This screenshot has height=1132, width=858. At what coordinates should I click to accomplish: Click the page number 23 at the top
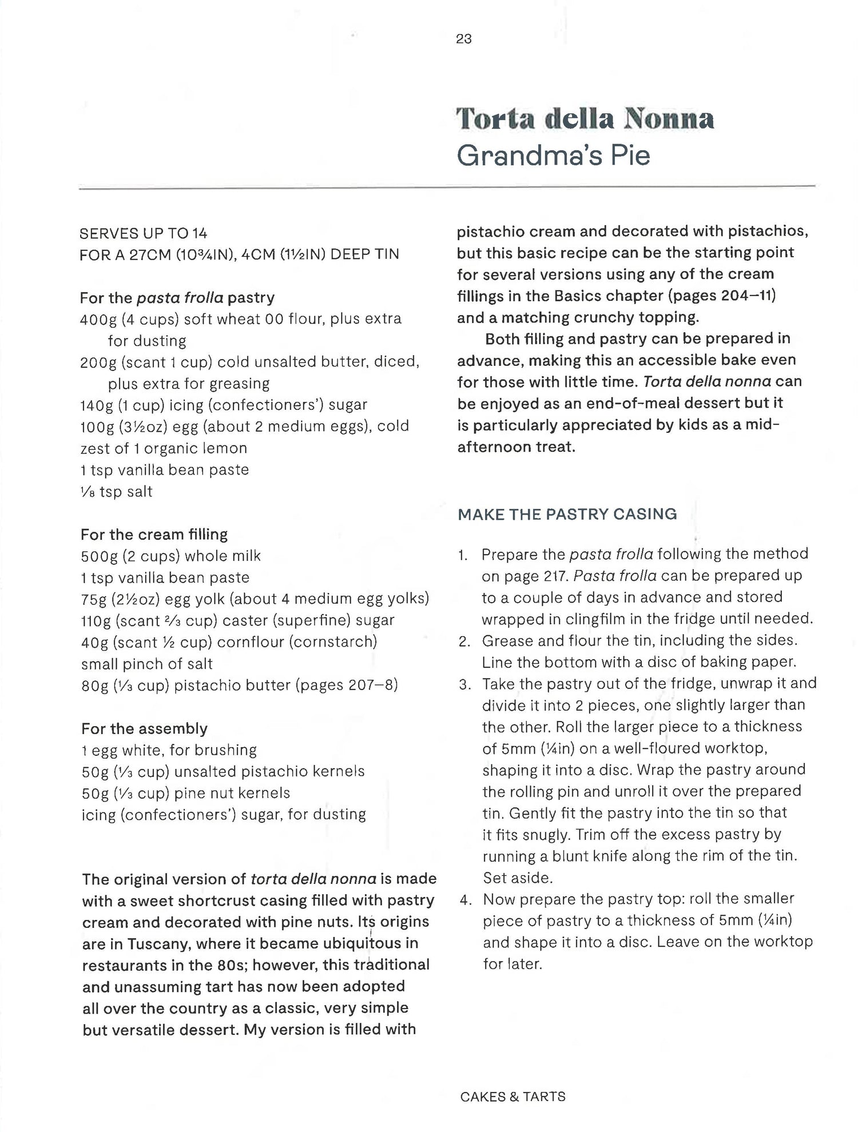[464, 39]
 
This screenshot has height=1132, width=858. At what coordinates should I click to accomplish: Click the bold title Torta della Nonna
[585, 118]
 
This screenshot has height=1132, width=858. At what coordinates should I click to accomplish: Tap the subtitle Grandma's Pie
[553, 156]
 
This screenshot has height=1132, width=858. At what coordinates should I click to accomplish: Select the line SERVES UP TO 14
[144, 233]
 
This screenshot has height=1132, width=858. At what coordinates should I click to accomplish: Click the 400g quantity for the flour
[98, 319]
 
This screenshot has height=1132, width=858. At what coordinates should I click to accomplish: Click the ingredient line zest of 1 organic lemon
[164, 448]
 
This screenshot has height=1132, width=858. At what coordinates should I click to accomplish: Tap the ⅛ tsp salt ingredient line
[117, 492]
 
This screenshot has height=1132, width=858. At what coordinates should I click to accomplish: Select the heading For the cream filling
[154, 535]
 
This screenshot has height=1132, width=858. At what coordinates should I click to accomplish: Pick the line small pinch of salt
[147, 664]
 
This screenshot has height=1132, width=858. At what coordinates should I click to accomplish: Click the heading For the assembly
[144, 728]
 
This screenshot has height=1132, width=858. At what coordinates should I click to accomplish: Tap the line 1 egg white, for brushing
[169, 750]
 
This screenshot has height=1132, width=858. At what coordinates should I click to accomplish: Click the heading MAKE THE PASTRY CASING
[567, 514]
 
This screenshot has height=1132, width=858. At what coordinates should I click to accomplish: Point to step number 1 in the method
[463, 555]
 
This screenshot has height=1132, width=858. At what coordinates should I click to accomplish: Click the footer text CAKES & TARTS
[513, 1097]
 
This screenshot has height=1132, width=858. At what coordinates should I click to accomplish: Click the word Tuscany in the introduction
[152, 943]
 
